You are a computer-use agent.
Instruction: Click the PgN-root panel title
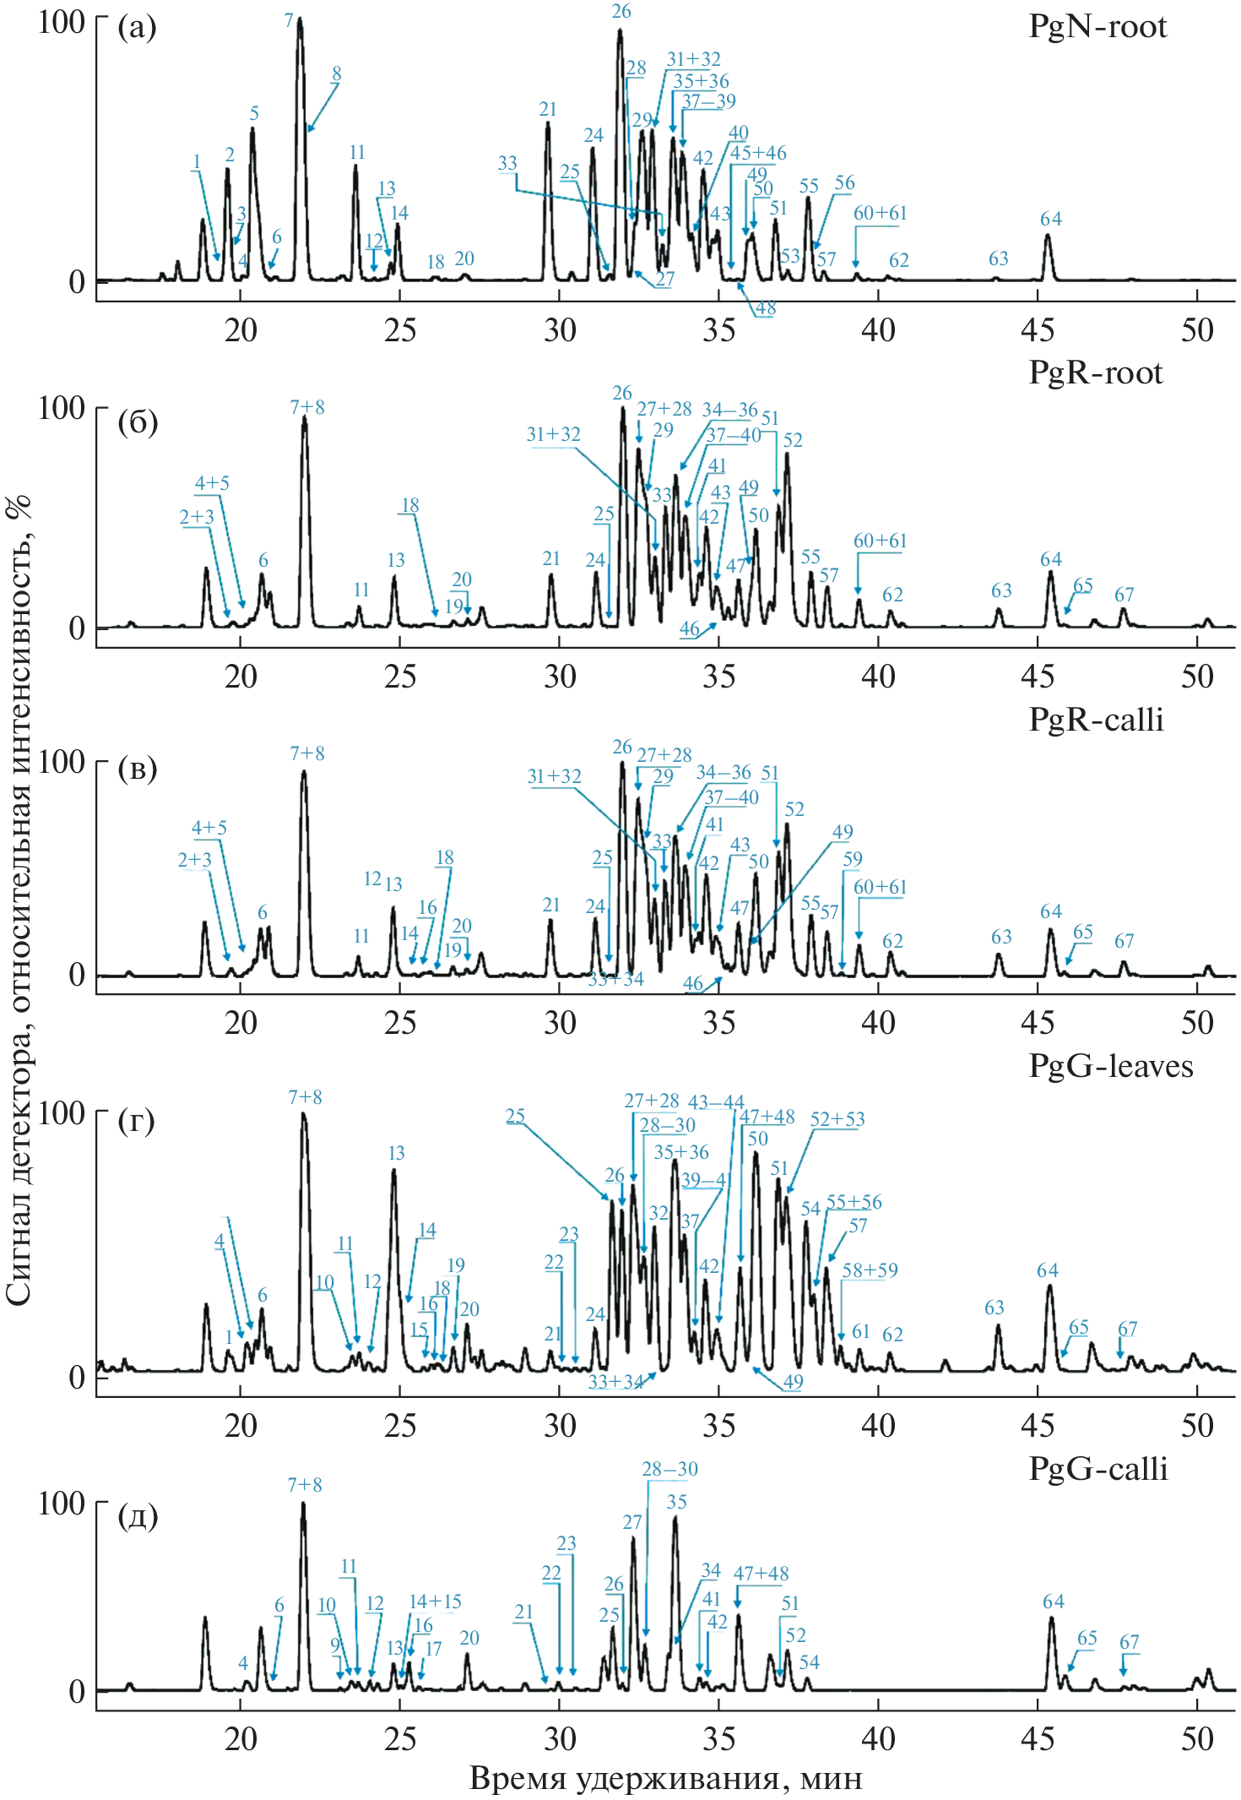click(1097, 27)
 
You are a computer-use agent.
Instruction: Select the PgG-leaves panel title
click(1110, 1067)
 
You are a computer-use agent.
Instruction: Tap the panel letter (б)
click(137, 421)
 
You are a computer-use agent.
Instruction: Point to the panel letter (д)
click(137, 1516)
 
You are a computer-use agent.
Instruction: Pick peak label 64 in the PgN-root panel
click(1050, 220)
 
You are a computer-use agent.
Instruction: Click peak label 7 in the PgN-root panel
click(289, 20)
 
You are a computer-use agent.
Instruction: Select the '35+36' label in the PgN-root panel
click(701, 81)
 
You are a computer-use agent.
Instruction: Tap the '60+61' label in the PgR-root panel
click(880, 541)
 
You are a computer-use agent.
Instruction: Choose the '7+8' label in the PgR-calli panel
click(306, 753)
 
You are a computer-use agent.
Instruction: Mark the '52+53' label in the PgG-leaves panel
click(837, 1119)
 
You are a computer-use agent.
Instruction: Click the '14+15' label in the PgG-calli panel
click(435, 1602)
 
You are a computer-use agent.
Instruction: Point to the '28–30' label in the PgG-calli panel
click(669, 1469)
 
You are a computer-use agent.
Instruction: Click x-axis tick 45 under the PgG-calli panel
click(1038, 1739)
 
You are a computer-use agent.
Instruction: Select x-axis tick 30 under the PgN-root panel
click(560, 330)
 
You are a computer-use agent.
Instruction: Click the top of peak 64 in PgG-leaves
click(1049, 1286)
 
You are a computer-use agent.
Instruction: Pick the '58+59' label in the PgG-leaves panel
click(870, 1270)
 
